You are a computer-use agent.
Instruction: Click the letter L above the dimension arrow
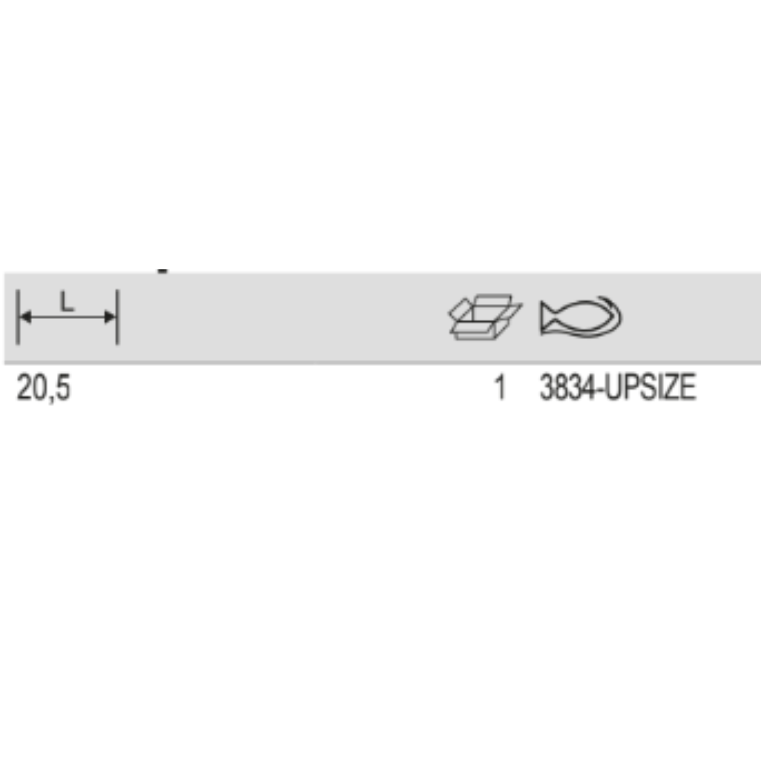pyautogui.click(x=67, y=302)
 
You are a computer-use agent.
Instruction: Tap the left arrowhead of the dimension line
pyautogui.click(x=25, y=317)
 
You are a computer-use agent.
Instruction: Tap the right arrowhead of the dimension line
pyautogui.click(x=109, y=317)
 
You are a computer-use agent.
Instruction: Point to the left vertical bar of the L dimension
pyautogui.click(x=18, y=317)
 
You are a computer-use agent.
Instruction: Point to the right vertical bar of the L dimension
pyautogui.click(x=117, y=317)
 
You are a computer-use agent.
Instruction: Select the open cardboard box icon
pyautogui.click(x=485, y=317)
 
